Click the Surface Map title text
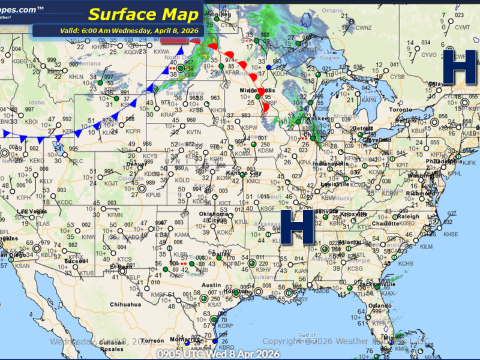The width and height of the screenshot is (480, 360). tap(144, 14)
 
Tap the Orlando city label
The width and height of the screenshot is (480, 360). tap(376, 305)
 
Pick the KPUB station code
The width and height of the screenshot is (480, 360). tap(154, 194)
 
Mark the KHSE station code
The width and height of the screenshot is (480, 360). tap(450, 234)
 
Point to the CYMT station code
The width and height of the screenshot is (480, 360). tap(461, 28)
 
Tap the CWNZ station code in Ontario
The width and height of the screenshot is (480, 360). tap(364, 28)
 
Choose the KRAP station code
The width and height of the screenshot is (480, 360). tap(167, 114)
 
